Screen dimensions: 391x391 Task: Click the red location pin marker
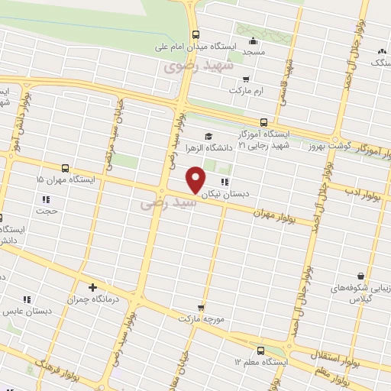[196, 180]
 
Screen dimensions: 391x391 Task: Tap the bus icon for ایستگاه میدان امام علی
[196, 34]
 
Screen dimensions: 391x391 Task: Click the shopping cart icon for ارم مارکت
[245, 79]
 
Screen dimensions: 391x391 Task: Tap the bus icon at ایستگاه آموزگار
[263, 121]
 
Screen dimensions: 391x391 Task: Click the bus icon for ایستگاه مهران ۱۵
[65, 167]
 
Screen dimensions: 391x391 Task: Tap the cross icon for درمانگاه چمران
[92, 288]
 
